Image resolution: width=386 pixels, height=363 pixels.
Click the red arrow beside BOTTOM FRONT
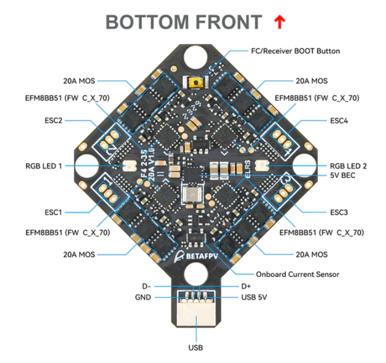coord(280,22)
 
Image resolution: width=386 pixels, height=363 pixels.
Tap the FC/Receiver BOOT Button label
coord(296,51)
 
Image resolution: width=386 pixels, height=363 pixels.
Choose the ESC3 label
coord(339,212)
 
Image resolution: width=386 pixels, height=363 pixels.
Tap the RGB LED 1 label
coord(43,166)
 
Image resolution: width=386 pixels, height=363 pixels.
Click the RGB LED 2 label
coord(348,166)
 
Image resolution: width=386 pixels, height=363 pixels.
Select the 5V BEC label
coord(343,175)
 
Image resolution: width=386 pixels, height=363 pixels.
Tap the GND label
coord(142,297)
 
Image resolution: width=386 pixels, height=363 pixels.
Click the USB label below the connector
coord(196,347)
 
